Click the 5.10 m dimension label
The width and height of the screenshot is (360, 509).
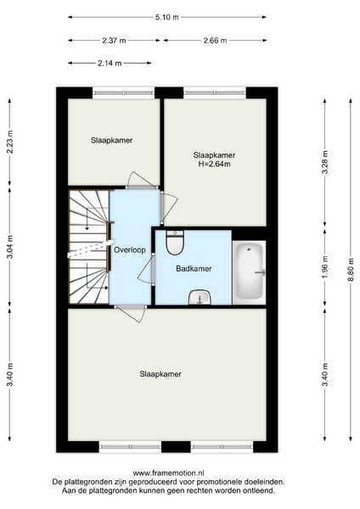[167, 17]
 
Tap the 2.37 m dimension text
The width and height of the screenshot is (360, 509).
[114, 41]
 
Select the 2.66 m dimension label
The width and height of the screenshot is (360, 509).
[215, 41]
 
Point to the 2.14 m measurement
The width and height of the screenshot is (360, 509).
[110, 63]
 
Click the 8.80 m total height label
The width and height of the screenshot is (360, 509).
[351, 271]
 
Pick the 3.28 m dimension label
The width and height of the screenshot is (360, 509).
[324, 163]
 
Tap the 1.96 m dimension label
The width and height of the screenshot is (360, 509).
[325, 268]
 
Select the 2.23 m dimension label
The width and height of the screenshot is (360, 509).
[10, 142]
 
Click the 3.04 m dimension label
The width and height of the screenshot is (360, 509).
[10, 247]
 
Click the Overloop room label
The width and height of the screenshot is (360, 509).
[130, 250]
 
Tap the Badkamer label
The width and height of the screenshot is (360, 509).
[194, 268]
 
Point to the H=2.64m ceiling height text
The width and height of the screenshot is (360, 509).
[215, 164]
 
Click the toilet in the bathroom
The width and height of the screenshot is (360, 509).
[175, 242]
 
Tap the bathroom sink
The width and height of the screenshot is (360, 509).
[200, 298]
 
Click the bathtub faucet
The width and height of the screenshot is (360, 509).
[261, 272]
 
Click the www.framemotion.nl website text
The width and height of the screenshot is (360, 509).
[168, 473]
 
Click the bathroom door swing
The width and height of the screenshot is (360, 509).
[145, 270]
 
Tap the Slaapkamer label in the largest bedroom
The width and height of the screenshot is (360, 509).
[160, 374]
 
